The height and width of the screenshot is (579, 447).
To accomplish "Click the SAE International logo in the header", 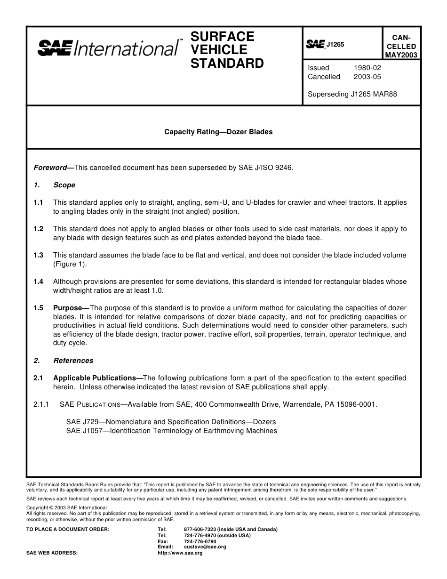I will coord(108,48).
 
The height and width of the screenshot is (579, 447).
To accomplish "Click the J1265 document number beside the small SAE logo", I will coord(335,44).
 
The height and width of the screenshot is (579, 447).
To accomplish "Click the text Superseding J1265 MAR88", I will coord(352,94).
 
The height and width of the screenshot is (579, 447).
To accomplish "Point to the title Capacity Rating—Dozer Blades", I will coord(218,132).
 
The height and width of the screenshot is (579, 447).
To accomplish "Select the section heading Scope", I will coord(64,185).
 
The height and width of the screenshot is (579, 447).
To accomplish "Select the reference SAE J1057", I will coord(84,431).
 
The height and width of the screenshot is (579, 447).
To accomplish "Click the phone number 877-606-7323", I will coord(200,530).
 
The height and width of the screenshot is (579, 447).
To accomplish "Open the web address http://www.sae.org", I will coord(180,553).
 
